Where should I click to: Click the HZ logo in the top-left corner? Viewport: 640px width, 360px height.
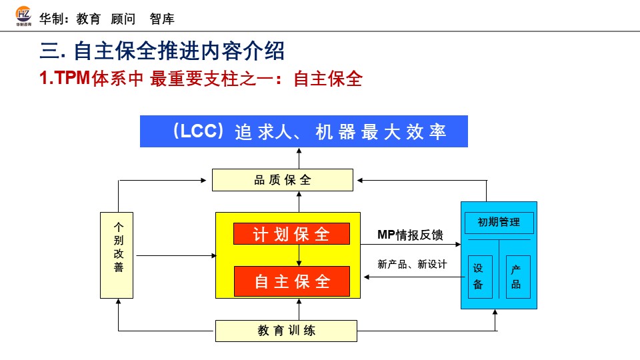23,17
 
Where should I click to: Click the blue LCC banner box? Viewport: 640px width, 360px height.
303,131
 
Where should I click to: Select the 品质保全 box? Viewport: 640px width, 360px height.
283,180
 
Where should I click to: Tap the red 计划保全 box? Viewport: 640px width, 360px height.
291,234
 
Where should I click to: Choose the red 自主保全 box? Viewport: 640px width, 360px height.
291,281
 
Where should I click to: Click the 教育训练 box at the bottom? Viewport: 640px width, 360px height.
286,331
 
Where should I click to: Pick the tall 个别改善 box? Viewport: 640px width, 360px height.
118,255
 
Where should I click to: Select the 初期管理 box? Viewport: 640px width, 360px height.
499,222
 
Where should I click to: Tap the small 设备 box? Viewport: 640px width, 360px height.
478,277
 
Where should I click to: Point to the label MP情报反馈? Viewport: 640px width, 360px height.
410,235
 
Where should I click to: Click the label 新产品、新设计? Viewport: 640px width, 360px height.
411,265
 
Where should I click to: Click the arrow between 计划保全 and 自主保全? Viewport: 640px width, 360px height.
299,255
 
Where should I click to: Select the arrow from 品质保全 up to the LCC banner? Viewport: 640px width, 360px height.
299,158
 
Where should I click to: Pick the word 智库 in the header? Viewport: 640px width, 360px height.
162,19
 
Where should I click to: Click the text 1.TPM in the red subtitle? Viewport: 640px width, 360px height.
65,79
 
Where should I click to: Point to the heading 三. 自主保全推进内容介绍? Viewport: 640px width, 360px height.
162,51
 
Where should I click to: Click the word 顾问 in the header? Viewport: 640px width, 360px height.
123,19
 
